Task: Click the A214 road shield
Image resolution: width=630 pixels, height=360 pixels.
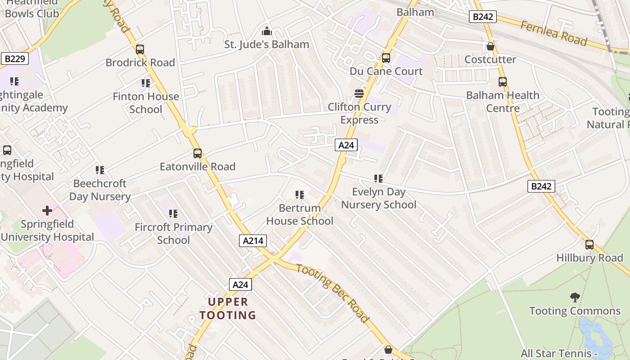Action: pyautogui.click(x=252, y=241)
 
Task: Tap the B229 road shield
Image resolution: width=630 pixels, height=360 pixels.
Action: pyautogui.click(x=15, y=58)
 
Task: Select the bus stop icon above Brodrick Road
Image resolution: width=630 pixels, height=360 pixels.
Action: pyautogui.click(x=140, y=49)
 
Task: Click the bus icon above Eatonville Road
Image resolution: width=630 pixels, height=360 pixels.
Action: pyautogui.click(x=198, y=153)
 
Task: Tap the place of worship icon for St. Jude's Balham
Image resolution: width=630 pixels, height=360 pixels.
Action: pyautogui.click(x=267, y=31)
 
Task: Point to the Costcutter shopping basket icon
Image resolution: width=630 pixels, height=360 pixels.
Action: pyautogui.click(x=490, y=46)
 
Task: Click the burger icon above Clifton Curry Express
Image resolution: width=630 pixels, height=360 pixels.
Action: pyautogui.click(x=359, y=94)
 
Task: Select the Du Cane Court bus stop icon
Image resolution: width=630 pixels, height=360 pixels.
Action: pyautogui.click(x=386, y=58)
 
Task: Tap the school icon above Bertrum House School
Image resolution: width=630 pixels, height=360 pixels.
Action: pyautogui.click(x=300, y=195)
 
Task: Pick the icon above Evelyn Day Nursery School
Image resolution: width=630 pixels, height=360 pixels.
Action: pyautogui.click(x=378, y=179)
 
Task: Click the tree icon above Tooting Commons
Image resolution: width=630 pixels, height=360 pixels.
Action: pyautogui.click(x=575, y=297)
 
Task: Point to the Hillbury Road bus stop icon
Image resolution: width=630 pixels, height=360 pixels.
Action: pyautogui.click(x=589, y=245)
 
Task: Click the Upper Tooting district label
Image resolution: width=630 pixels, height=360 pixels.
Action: pyautogui.click(x=228, y=308)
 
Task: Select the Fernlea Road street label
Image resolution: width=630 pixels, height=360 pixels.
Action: pyautogui.click(x=554, y=33)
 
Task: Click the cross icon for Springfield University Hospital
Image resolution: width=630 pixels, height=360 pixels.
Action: pyautogui.click(x=47, y=211)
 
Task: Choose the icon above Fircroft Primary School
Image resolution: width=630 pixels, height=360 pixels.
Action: pyautogui.click(x=173, y=214)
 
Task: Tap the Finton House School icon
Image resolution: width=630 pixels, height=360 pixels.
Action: pyautogui.click(x=146, y=83)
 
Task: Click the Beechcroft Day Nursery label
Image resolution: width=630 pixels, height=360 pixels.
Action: pyautogui.click(x=100, y=190)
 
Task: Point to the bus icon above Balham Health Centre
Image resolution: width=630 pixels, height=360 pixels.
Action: pyautogui.click(x=503, y=82)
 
